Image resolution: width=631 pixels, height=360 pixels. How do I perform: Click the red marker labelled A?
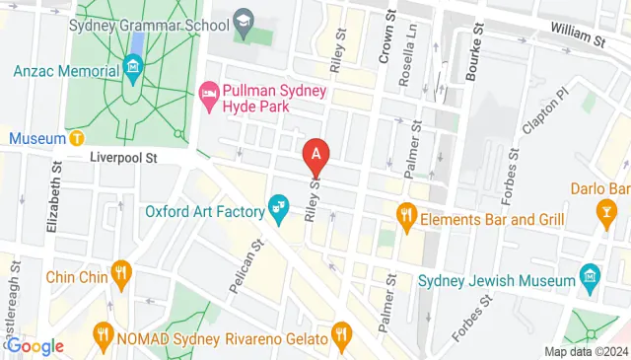point(315,155)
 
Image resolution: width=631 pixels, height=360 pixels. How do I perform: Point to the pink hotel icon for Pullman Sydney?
point(208,96)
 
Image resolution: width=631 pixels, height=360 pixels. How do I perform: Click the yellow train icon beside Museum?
point(77,136)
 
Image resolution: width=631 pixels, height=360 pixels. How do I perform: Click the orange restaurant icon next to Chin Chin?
point(120,271)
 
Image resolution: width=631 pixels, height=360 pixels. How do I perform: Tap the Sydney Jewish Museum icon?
point(590,273)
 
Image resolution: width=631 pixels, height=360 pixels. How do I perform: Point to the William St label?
point(577,38)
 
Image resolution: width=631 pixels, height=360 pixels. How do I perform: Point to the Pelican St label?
point(252,264)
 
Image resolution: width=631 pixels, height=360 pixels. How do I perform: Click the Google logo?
point(35,345)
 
